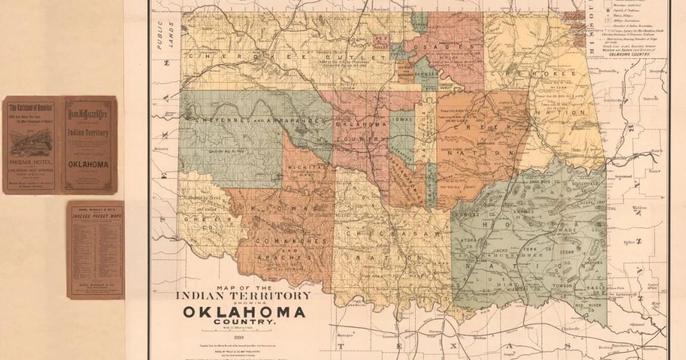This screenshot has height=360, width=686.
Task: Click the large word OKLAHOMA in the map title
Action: click(x=244, y=312)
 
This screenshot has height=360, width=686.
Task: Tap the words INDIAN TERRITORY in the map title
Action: click(x=243, y=295)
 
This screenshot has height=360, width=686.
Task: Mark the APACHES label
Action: click(x=292, y=258)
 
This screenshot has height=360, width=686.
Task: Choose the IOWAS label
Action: click(x=402, y=119)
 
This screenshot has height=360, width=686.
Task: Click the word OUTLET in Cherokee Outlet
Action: click(x=355, y=56)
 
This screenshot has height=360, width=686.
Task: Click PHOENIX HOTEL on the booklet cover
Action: click(x=32, y=160)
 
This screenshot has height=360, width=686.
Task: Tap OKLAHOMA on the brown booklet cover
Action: click(x=88, y=165)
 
